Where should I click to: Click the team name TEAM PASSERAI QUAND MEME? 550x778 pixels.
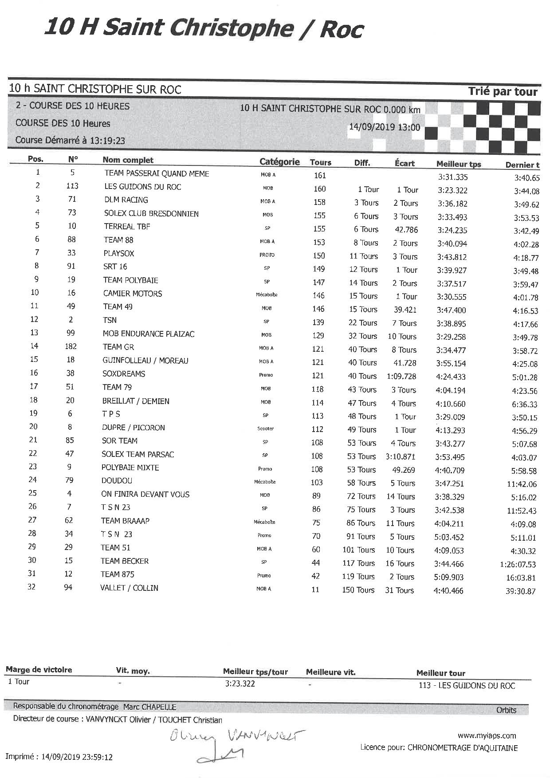tap(157, 173)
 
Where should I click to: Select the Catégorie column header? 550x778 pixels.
tap(279, 162)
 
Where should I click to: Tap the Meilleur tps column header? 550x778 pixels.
tap(458, 164)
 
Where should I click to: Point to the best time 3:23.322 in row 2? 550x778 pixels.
tap(452, 190)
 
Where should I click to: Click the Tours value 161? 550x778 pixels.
tap(320, 175)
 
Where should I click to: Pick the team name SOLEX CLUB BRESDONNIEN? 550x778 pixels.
tap(151, 213)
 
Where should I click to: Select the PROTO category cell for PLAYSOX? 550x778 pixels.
tap(267, 255)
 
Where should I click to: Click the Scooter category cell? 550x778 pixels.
tap(265, 428)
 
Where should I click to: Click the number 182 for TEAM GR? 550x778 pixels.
tap(71, 346)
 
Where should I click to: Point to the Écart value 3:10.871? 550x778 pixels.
tap(401, 456)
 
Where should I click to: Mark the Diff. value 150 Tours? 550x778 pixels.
tap(358, 590)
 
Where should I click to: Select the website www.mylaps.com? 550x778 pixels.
tap(487, 736)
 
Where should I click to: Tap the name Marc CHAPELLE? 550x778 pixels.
tap(149, 707)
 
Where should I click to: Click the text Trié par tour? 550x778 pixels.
tap(503, 92)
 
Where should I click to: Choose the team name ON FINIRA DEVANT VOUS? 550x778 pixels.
tap(145, 494)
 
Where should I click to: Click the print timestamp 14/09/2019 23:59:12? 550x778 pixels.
tap(77, 757)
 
